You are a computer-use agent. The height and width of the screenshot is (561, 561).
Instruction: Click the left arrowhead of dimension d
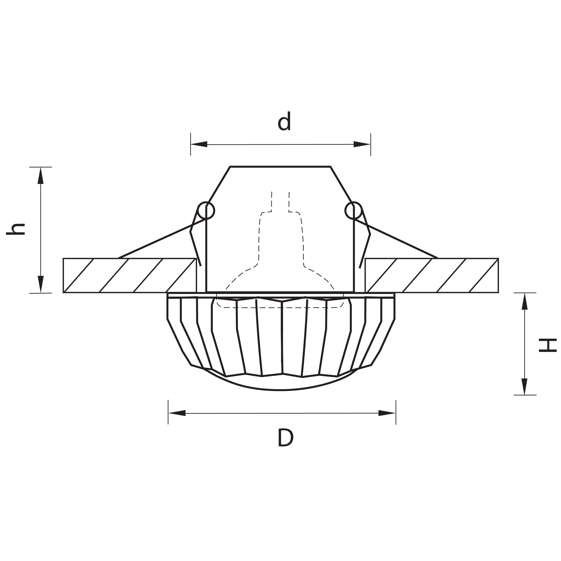[x=199, y=144]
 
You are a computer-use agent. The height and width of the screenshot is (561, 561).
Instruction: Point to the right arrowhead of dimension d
[x=362, y=144]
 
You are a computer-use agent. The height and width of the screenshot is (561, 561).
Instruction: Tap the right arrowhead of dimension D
[x=387, y=413]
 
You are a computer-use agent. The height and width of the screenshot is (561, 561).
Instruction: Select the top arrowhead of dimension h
[x=41, y=175]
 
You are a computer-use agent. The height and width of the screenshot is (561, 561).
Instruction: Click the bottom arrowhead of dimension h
[x=41, y=284]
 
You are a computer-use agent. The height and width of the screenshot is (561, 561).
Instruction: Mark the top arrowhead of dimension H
[x=524, y=301]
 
